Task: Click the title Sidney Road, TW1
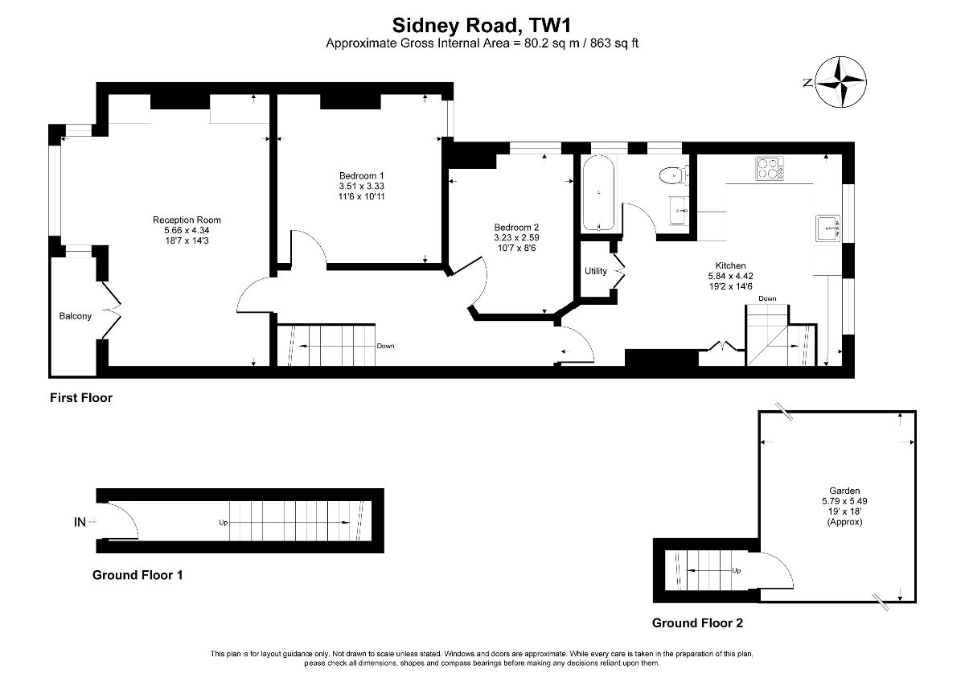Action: click(482, 26)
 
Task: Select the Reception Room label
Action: click(187, 220)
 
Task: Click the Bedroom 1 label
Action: click(361, 176)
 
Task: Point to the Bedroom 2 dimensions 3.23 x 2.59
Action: click(516, 237)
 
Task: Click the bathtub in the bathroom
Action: click(598, 194)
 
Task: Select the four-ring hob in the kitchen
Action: click(770, 168)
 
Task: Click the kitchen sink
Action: click(827, 228)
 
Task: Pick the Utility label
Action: click(596, 271)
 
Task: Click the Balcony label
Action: click(76, 316)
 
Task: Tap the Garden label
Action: click(844, 491)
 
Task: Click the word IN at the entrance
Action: click(80, 522)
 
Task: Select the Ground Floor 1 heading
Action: click(138, 575)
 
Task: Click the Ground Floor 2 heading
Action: click(697, 623)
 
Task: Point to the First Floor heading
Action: click(81, 397)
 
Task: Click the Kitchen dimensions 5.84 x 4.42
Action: click(731, 276)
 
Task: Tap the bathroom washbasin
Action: click(679, 210)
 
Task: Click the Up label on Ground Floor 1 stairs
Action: click(224, 523)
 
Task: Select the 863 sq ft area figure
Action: click(614, 43)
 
